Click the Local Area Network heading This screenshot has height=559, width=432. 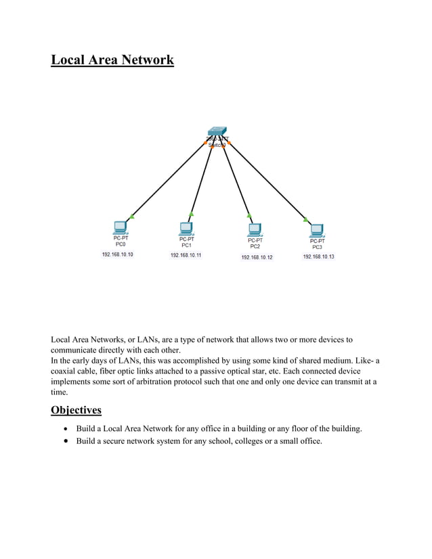click(x=112, y=60)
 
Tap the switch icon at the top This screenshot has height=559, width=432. click(x=217, y=131)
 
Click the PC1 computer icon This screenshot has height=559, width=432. click(x=186, y=228)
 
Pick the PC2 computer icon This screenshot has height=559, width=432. click(x=256, y=229)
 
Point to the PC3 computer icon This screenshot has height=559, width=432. click(x=316, y=230)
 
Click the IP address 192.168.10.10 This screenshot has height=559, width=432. click(x=118, y=254)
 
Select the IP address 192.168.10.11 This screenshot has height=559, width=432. click(x=186, y=255)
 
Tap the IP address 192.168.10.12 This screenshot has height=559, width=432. click(x=257, y=258)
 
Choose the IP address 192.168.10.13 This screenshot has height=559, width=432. click(x=318, y=257)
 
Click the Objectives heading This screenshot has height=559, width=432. click(x=76, y=410)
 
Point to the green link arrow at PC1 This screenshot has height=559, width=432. click(x=192, y=213)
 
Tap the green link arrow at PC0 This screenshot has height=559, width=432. click(x=131, y=217)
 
